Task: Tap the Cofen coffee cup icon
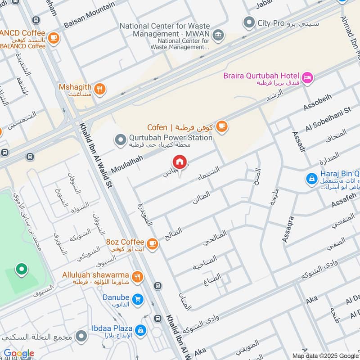[x=221, y=127]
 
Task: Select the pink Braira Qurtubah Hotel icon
[x=308, y=78]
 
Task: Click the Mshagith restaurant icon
[x=100, y=89]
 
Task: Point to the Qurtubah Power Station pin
[x=120, y=140]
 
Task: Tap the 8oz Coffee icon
[x=153, y=243]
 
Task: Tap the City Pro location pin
[x=248, y=22]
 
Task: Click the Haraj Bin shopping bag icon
[x=311, y=179]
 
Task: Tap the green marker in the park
[x=21, y=270]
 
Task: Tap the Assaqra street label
[x=288, y=229]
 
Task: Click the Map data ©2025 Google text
[x=325, y=355]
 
